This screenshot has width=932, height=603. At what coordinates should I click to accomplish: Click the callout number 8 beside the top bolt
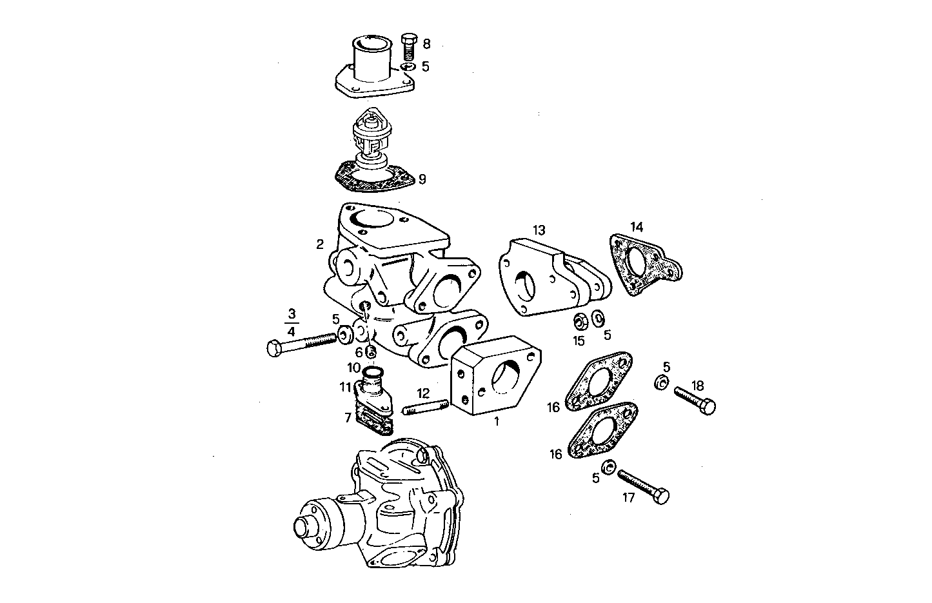click(x=426, y=44)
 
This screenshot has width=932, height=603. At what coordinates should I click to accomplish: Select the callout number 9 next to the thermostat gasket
click(x=422, y=179)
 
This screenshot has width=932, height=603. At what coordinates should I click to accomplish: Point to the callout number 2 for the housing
click(x=320, y=244)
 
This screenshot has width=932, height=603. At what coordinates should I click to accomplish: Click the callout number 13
click(x=539, y=230)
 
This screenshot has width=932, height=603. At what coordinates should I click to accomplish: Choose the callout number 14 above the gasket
click(x=637, y=226)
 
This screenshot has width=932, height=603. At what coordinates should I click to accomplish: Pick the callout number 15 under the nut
click(x=579, y=339)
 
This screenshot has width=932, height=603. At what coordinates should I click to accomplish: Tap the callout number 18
click(x=697, y=385)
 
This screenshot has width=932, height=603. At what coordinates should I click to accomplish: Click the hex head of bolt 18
click(x=707, y=407)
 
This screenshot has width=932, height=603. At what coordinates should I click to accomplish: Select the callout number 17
click(x=628, y=497)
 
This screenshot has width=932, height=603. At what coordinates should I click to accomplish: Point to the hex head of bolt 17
click(x=660, y=496)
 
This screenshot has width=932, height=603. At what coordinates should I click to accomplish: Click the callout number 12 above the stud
click(x=422, y=393)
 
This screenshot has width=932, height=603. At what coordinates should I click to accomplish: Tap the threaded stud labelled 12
click(x=426, y=408)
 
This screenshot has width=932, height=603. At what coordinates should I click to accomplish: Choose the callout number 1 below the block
click(x=497, y=423)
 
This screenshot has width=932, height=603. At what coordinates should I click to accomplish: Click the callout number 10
click(x=354, y=368)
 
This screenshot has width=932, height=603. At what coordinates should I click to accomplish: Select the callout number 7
click(x=348, y=418)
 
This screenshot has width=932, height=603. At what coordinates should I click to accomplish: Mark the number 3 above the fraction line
click(x=292, y=315)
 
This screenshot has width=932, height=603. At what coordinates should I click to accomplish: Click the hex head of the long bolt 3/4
click(x=273, y=348)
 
